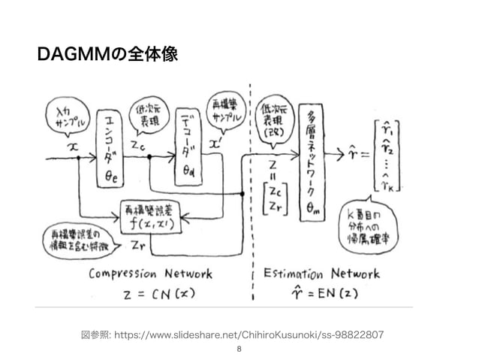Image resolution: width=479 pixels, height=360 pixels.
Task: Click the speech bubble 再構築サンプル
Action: tap(224, 113)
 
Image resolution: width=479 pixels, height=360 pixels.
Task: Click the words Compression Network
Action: tap(151, 274)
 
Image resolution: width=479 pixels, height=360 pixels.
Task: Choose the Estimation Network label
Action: tap(324, 274)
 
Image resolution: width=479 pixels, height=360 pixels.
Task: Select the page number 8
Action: tap(239, 349)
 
